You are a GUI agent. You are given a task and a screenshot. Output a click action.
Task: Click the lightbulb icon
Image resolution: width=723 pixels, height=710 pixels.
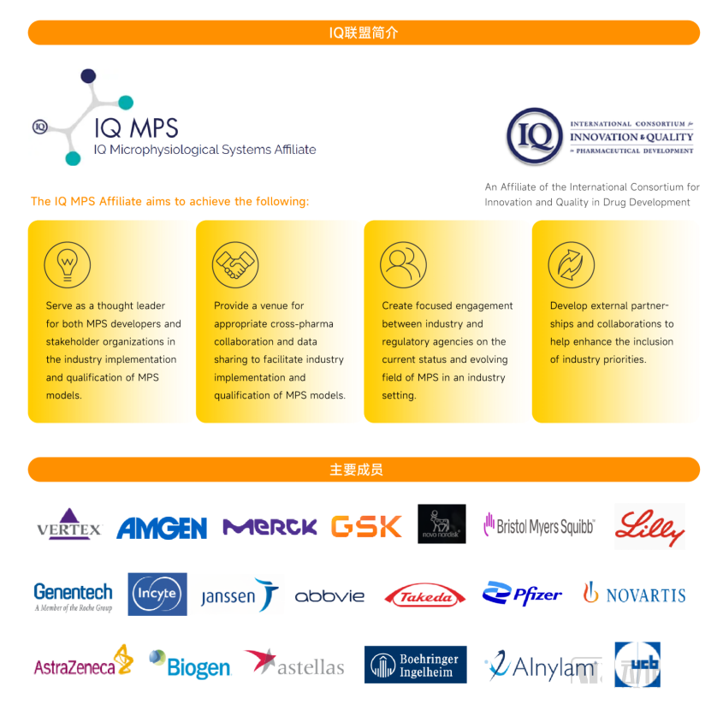(68, 264)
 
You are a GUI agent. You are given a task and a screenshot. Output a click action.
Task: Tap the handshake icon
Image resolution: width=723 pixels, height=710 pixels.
(235, 264)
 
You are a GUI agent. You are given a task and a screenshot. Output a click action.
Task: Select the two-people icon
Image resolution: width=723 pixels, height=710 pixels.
(404, 264)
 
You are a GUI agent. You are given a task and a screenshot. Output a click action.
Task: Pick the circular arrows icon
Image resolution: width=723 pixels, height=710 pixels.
(572, 264)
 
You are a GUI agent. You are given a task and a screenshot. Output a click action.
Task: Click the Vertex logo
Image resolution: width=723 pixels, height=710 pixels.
(69, 524)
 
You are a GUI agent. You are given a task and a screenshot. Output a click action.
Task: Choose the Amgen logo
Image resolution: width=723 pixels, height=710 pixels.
(162, 528)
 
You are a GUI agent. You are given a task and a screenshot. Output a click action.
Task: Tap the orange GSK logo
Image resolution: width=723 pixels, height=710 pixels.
(366, 526)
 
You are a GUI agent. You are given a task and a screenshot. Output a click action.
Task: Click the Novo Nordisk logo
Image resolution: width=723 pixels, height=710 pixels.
(442, 524)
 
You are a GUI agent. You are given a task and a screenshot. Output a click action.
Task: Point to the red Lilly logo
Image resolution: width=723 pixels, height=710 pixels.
(649, 527)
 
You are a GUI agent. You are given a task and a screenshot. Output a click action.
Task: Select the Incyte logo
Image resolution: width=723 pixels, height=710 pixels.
(157, 594)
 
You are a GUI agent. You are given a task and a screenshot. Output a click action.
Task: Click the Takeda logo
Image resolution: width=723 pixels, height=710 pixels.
(425, 595)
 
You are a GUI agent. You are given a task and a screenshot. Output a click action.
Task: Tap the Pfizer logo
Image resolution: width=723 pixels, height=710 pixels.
(522, 594)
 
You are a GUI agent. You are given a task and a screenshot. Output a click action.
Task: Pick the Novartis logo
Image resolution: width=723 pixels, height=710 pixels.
(635, 594)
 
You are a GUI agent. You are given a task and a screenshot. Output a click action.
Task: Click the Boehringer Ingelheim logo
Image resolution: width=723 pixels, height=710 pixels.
(416, 665)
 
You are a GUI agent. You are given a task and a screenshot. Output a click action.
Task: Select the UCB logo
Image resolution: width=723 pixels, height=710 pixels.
(637, 665)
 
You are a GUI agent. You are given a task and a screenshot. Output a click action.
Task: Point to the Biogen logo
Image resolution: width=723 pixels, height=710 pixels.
(190, 665)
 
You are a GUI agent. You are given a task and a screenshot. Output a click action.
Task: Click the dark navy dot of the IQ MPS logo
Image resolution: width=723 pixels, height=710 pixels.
(88, 75)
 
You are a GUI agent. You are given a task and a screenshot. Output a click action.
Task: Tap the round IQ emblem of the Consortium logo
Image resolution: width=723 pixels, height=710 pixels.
(535, 137)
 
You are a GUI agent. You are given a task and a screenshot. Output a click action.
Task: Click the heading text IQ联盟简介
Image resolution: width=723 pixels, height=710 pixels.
(364, 33)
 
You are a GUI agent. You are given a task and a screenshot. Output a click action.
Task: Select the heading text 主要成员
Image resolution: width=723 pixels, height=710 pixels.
(357, 470)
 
